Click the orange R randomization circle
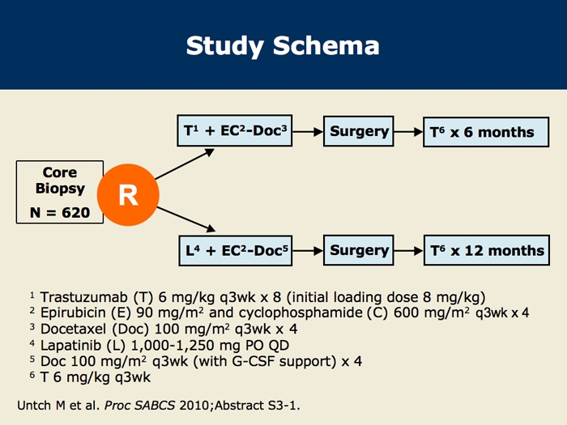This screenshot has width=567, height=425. point(129,194)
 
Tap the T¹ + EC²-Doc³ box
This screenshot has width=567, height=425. point(234,132)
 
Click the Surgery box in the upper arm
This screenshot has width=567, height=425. point(359,132)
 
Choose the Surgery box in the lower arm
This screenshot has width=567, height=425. point(359,250)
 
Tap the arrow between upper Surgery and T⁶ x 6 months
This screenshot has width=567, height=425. point(407,132)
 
